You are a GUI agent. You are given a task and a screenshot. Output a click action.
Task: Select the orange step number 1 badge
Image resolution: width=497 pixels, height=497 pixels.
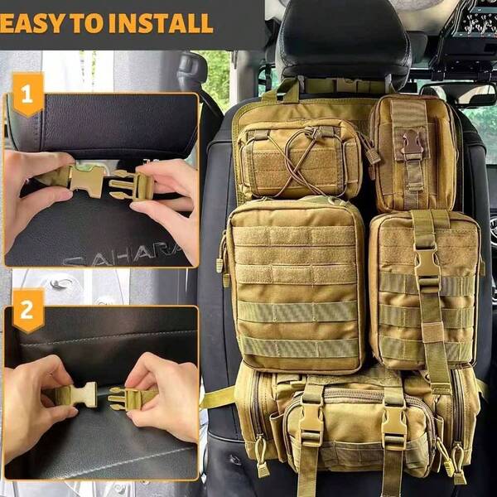click(27, 95)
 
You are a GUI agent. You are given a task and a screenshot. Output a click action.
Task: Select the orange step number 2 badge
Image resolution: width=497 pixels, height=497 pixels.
click(27, 311)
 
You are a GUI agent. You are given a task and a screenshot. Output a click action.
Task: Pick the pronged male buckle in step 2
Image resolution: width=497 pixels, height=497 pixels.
click(128, 398)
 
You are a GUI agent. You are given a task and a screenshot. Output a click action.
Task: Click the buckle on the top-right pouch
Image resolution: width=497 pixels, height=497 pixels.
click(412, 147)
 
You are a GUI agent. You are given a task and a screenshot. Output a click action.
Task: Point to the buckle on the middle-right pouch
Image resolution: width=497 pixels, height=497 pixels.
click(427, 265)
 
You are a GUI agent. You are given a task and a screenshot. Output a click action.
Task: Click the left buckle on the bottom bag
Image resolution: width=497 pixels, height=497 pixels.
click(311, 422)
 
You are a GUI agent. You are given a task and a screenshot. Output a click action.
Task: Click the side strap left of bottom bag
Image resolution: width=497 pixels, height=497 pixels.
click(217, 398)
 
